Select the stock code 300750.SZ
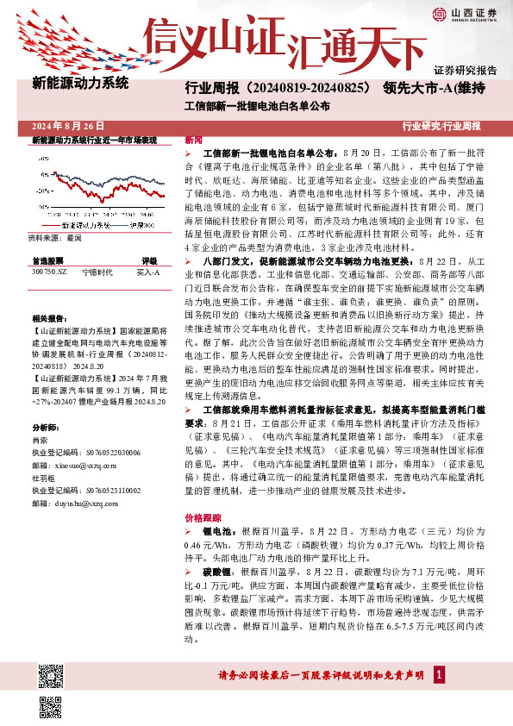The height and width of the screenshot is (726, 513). (x=48, y=272)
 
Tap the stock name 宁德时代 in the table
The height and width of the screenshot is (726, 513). (x=96, y=272)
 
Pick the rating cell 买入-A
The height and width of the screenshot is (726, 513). (x=148, y=272)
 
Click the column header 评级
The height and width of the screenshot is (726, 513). (x=149, y=260)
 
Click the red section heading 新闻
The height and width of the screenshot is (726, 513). (x=193, y=139)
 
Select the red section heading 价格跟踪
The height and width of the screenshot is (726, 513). (x=199, y=518)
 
